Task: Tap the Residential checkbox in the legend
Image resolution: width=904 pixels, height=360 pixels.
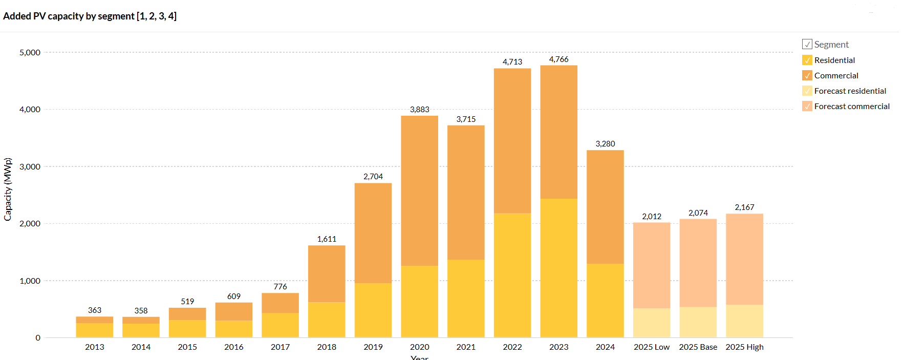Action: point(807,60)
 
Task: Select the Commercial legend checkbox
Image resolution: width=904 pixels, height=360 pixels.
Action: point(807,75)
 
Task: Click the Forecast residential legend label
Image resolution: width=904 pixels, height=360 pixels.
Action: point(850,91)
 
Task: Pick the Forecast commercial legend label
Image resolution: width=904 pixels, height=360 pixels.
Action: point(852,106)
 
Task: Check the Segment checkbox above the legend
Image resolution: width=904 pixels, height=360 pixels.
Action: point(807,44)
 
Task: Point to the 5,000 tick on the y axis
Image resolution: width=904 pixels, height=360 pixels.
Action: point(30,52)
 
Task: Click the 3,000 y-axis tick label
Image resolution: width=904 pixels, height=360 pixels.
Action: point(30,166)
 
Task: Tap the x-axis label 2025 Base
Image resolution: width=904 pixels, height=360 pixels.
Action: point(698,347)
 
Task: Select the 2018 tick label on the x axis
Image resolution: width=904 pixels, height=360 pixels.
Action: point(327,347)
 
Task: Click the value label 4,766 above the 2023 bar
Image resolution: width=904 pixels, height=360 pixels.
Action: point(558,59)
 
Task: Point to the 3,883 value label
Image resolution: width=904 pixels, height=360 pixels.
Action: point(419,110)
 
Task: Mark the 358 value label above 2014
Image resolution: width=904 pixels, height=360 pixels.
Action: point(141,311)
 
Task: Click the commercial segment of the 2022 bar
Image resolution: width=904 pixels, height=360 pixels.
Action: point(512,141)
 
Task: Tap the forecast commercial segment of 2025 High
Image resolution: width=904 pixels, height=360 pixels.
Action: point(744,259)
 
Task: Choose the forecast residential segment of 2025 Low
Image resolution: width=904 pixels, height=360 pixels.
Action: point(651,323)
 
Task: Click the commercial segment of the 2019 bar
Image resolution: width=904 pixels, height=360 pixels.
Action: point(373,233)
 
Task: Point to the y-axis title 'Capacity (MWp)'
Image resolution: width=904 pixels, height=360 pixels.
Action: point(8,189)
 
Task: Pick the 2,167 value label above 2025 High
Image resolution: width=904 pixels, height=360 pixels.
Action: point(744,207)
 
